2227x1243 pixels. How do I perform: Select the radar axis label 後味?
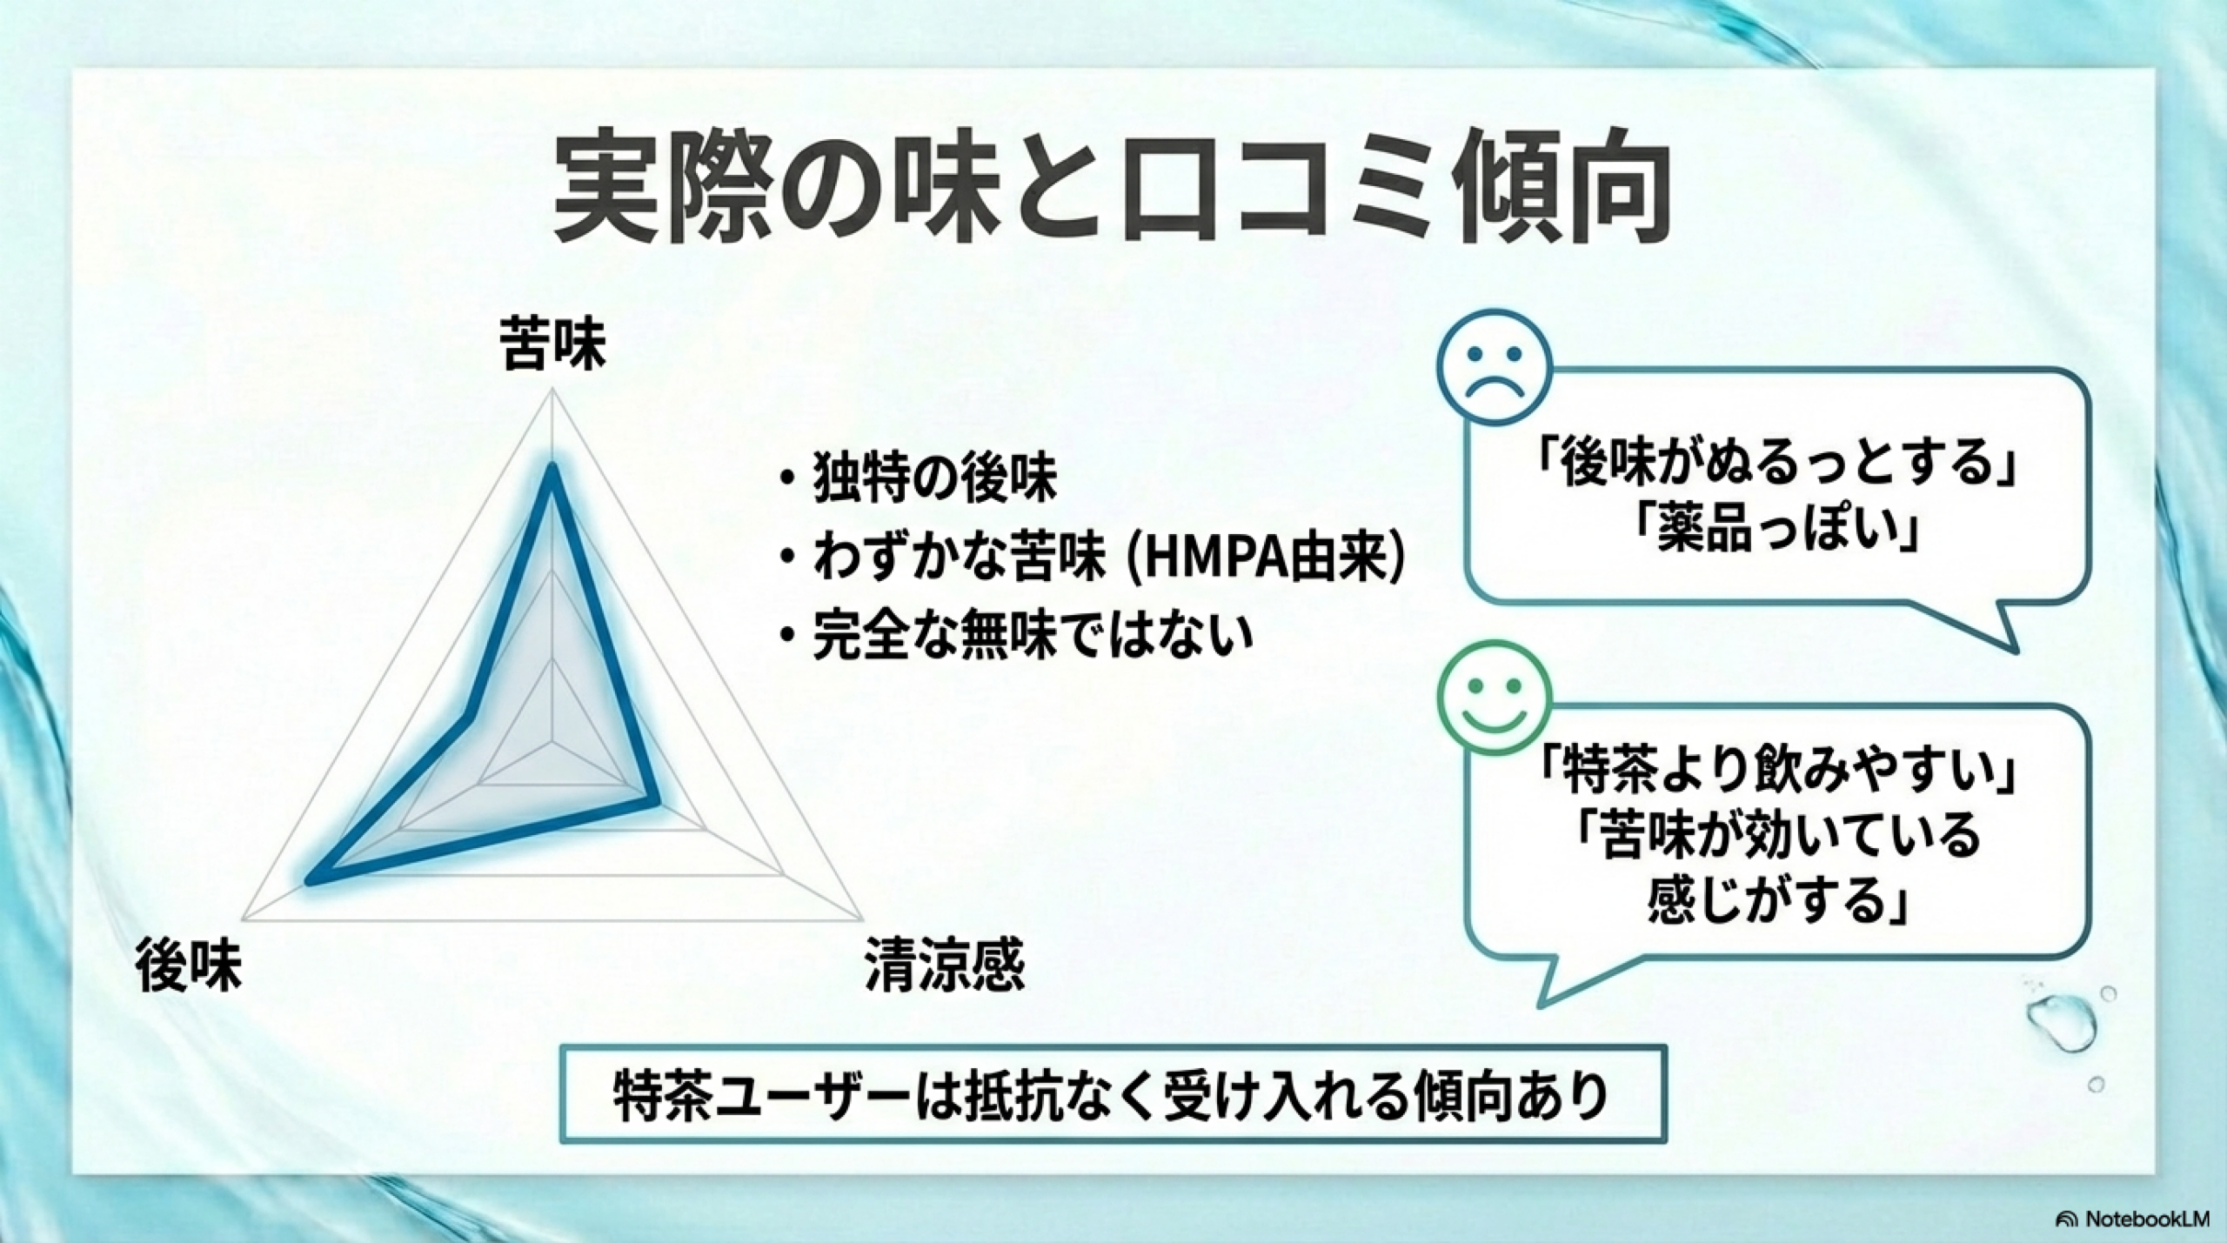point(188,966)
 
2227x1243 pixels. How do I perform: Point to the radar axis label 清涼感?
point(945,966)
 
